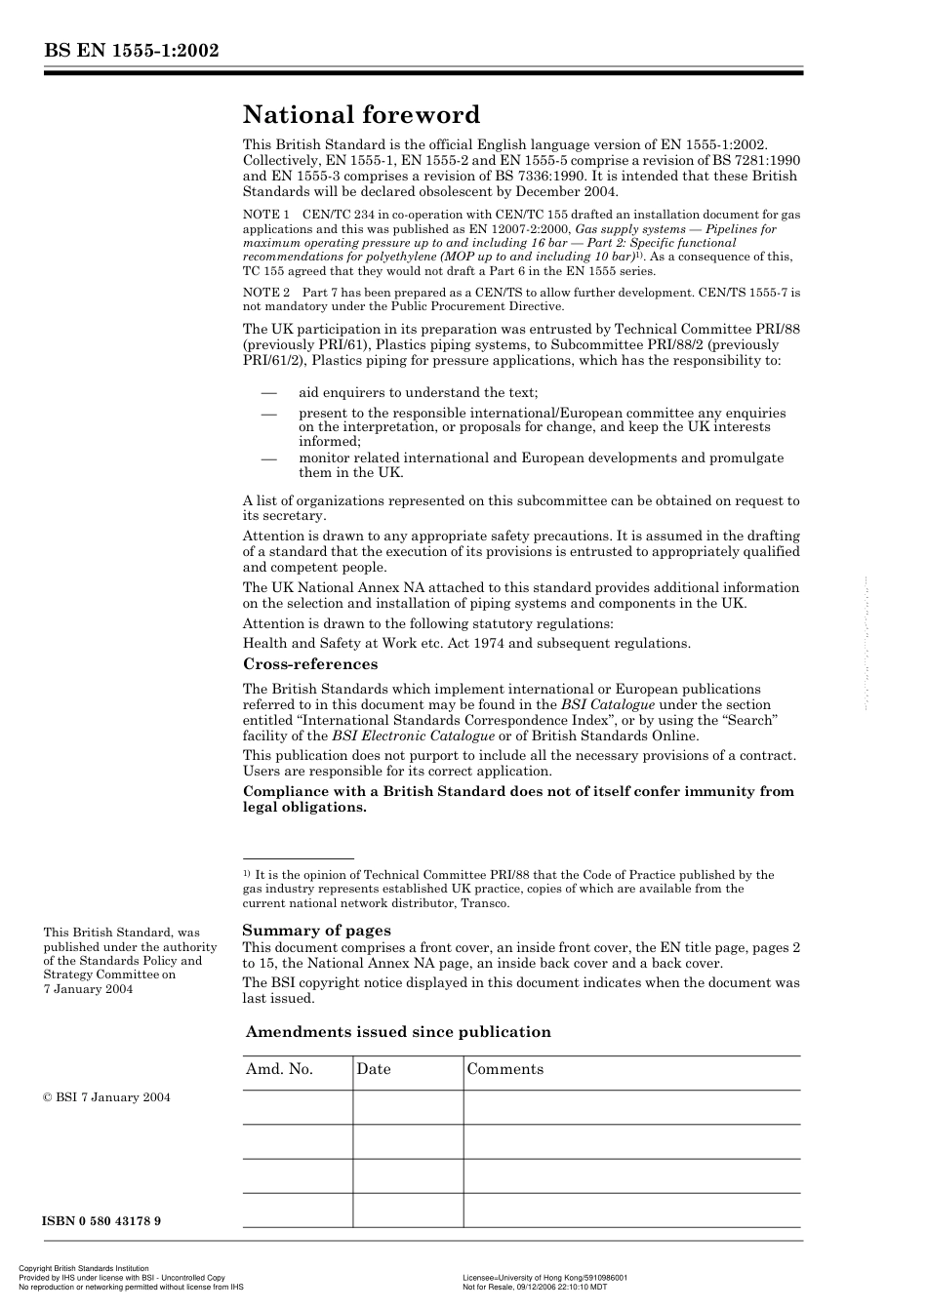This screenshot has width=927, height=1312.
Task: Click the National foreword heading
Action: pyautogui.click(x=361, y=115)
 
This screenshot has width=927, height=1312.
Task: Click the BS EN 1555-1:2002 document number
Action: pyautogui.click(x=131, y=52)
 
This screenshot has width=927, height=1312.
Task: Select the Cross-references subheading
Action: pyautogui.click(x=310, y=664)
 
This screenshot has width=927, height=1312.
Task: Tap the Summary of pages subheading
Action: pyautogui.click(x=316, y=931)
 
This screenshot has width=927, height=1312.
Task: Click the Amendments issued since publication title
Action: pyautogui.click(x=398, y=1032)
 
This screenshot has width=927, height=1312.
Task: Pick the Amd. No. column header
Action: pyautogui.click(x=280, y=1069)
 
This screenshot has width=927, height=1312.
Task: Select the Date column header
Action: pyautogui.click(x=374, y=1069)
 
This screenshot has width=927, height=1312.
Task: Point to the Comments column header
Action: pyautogui.click(x=505, y=1069)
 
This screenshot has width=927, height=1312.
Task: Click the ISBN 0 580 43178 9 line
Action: pyautogui.click(x=102, y=1221)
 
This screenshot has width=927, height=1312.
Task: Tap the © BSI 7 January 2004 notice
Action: pyautogui.click(x=106, y=1097)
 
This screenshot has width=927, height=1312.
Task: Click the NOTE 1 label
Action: pyautogui.click(x=265, y=215)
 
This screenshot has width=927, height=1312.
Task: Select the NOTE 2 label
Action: pyautogui.click(x=265, y=293)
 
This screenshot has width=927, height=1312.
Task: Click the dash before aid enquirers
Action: pyautogui.click(x=269, y=392)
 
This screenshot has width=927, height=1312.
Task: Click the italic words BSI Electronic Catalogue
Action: pyautogui.click(x=413, y=736)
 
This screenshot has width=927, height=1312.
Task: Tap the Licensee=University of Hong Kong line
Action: pyautogui.click(x=544, y=1277)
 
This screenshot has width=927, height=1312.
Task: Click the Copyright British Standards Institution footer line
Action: pyautogui.click(x=84, y=1269)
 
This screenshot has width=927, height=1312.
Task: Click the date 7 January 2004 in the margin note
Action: pyautogui.click(x=88, y=989)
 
